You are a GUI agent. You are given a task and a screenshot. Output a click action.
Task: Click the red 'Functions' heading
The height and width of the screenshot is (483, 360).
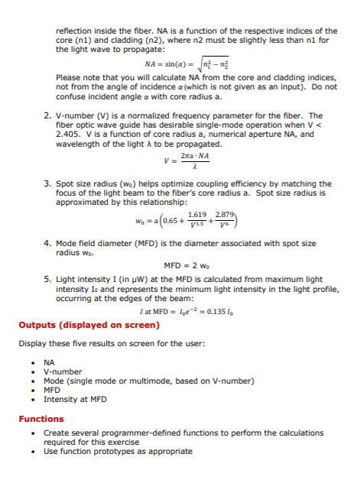[x=41, y=419]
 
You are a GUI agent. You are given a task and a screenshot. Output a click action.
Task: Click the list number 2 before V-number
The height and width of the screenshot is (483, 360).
[x=47, y=115]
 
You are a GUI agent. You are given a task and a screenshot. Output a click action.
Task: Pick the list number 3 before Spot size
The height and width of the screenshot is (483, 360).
[x=47, y=183]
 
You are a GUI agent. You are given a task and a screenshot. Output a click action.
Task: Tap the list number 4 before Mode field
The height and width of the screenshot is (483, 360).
[x=47, y=243]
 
